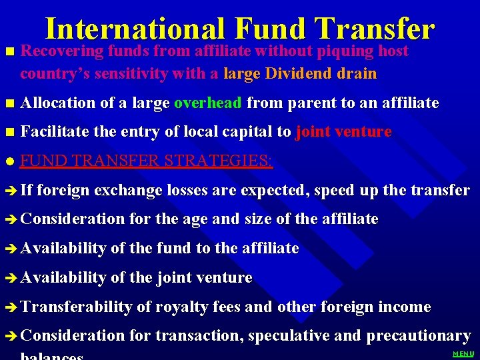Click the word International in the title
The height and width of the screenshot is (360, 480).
click(x=135, y=29)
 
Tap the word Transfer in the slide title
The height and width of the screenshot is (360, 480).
click(x=374, y=29)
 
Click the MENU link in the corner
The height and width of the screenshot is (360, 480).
click(x=463, y=354)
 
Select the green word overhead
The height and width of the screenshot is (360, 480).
click(x=208, y=103)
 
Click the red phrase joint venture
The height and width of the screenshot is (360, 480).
click(x=343, y=132)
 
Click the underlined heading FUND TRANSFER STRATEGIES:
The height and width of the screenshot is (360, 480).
click(x=146, y=161)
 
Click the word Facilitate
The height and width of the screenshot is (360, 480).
click(x=55, y=132)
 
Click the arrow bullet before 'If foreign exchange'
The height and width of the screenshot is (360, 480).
click(x=10, y=191)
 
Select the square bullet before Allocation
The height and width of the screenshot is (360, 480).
click(x=9, y=103)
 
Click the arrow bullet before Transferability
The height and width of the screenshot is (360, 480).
click(x=10, y=307)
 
